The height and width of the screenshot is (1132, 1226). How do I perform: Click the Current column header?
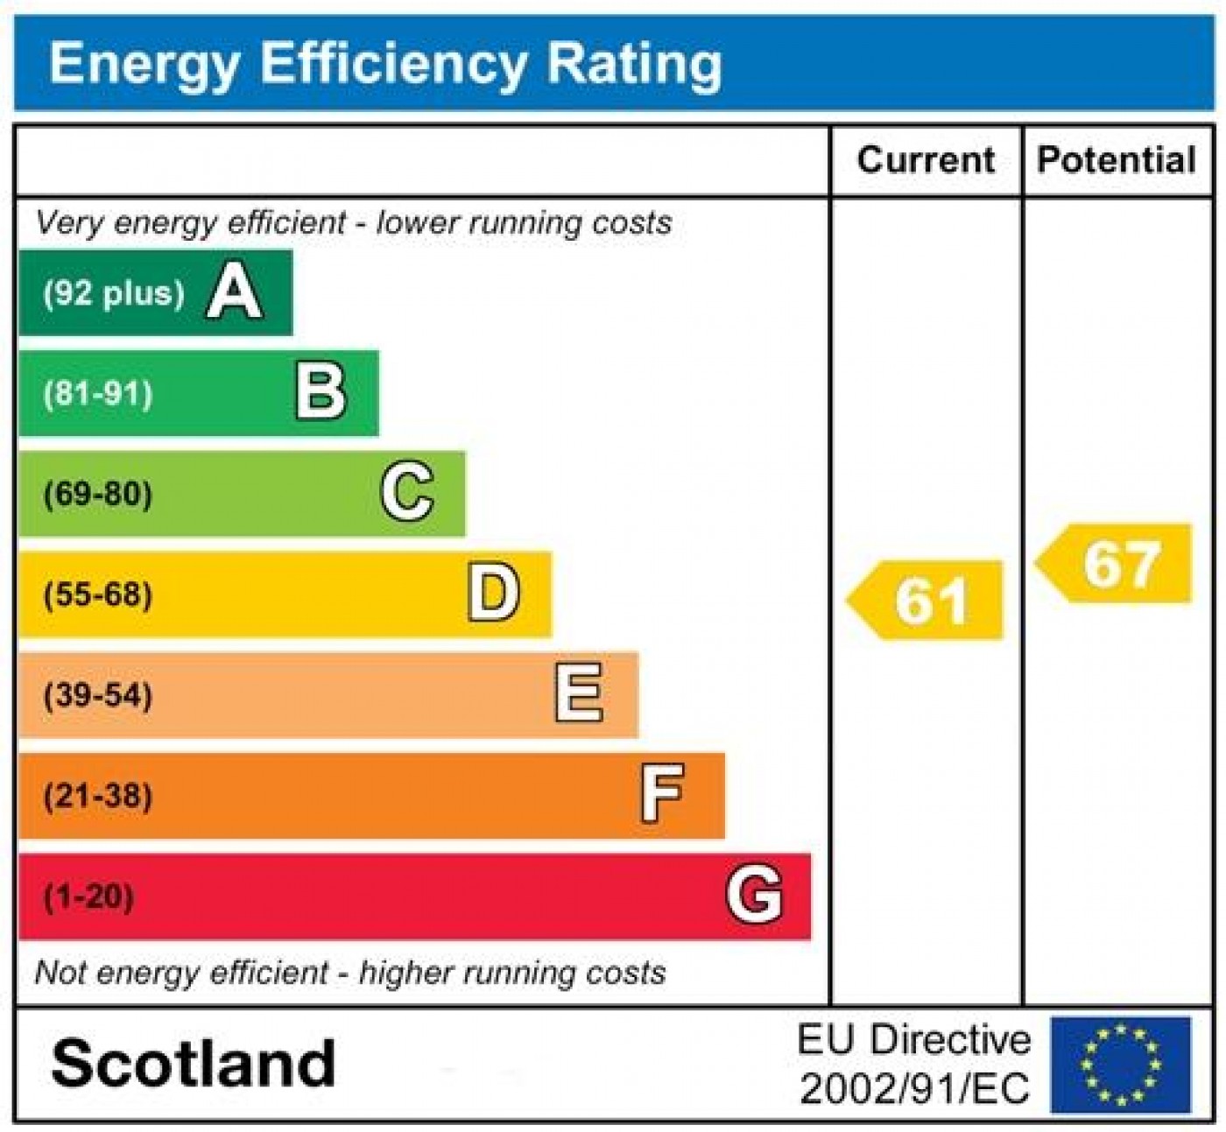[x=926, y=160]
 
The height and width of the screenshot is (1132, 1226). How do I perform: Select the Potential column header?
[x=1117, y=160]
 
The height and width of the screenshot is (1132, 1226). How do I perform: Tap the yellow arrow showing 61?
[x=927, y=601]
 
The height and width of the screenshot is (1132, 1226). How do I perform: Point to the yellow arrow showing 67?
[x=1116, y=564]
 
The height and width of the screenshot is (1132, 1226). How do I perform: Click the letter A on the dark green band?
[x=234, y=292]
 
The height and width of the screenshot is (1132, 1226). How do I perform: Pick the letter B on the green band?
[x=321, y=393]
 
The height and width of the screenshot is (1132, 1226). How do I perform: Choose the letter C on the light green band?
[x=407, y=493]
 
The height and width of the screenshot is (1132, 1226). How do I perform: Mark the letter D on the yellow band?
[x=494, y=594]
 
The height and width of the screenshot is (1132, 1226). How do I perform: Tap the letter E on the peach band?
[x=580, y=694]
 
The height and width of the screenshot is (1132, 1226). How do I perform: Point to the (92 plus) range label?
[x=114, y=293]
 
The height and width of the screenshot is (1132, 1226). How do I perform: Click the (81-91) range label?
[x=98, y=394]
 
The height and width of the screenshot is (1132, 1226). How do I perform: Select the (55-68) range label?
[x=98, y=595]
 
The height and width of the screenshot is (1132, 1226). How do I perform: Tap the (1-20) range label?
[x=89, y=896]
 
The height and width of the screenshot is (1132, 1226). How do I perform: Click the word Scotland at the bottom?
[x=194, y=1064]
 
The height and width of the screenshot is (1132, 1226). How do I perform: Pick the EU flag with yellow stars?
[x=1121, y=1065]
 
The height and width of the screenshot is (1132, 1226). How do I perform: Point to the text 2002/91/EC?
[x=914, y=1089]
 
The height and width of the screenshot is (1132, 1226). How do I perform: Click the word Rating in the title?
[x=634, y=64]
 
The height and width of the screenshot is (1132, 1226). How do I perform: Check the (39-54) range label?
[x=98, y=696]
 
